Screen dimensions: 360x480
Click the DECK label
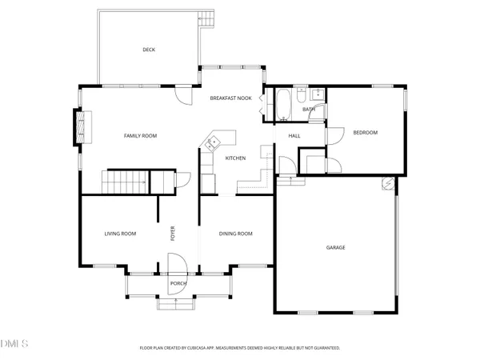point(149,50)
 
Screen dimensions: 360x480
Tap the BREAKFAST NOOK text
point(231,98)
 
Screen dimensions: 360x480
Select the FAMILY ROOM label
point(140,136)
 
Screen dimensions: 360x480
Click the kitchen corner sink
point(213,143)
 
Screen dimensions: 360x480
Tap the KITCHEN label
point(234,158)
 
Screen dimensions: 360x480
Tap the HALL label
point(294,136)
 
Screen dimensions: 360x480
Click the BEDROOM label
point(365,133)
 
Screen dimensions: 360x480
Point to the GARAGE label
point(335,248)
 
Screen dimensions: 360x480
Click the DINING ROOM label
point(236,234)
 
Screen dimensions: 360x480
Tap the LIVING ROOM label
point(120,234)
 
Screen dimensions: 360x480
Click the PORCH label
point(178,283)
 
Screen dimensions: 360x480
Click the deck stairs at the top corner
point(208,18)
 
